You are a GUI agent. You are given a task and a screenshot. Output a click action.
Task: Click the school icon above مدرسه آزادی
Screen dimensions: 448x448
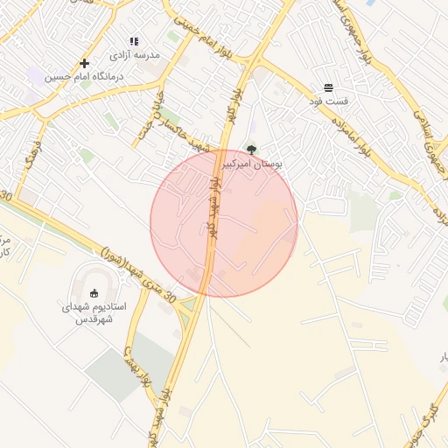tap(134, 41)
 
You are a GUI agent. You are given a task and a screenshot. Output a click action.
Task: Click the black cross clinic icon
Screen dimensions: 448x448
tap(84, 63)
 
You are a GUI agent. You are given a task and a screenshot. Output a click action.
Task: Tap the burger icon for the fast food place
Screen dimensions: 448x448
tap(328, 87)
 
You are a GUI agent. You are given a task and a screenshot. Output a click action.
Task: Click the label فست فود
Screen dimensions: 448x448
tap(328, 101)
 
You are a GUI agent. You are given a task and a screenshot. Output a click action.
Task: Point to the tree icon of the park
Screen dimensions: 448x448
tap(252, 150)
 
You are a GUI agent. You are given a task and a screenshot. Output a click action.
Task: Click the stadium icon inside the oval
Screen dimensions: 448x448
tap(94, 293)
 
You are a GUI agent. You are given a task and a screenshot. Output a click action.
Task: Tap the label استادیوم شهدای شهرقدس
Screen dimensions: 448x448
tap(94, 313)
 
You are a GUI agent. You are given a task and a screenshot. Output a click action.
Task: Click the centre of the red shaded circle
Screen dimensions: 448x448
tap(224, 223)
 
